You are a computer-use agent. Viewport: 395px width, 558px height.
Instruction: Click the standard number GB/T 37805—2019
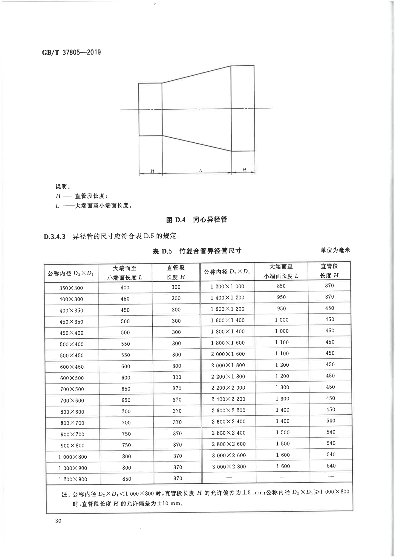tap(72, 52)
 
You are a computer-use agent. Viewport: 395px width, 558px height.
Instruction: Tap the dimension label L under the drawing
tap(200, 171)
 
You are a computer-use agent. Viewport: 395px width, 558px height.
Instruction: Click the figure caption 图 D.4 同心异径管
tap(197, 220)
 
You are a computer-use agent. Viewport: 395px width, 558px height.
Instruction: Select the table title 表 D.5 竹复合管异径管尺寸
tap(197, 251)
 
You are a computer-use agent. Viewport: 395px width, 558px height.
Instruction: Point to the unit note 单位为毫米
tap(335, 250)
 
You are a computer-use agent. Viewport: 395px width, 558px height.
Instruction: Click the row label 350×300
tap(71, 288)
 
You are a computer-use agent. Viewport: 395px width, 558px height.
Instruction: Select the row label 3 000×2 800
tap(229, 467)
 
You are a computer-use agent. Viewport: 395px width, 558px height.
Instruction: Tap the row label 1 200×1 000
tap(227, 286)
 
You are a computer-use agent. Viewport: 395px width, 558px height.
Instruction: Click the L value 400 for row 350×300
tap(125, 288)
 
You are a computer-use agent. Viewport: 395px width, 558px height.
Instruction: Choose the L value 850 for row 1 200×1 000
tap(281, 286)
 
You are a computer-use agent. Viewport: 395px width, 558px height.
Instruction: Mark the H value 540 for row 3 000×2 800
tap(331, 466)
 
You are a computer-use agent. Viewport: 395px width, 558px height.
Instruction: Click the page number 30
tap(58, 521)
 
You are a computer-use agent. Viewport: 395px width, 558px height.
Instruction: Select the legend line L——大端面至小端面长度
tap(94, 206)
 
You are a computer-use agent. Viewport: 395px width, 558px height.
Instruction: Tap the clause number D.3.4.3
tap(54, 237)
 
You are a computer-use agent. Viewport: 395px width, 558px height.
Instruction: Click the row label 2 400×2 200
tap(228, 399)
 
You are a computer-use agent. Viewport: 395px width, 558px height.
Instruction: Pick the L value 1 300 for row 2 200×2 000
tap(282, 388)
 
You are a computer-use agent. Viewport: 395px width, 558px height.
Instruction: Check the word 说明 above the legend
tap(62, 187)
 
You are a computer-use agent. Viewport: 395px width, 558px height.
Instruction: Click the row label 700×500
tap(72, 389)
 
